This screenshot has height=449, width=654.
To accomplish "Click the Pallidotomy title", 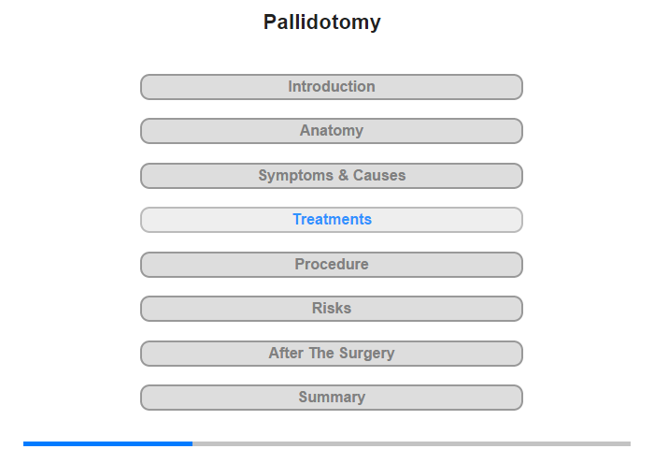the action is tap(321, 22).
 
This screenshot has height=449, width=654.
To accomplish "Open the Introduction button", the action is tap(332, 87).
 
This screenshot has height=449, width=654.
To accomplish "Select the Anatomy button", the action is tap(332, 131).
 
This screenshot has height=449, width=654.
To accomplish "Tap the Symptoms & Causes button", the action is tap(332, 176).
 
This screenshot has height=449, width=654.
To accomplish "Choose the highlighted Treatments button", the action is tap(332, 220).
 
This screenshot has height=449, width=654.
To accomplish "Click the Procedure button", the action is tap(332, 265).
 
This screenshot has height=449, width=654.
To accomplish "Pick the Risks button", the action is tap(332, 309).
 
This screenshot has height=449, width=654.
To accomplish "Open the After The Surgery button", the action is tap(332, 354).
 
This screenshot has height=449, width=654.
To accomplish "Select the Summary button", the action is tap(332, 398).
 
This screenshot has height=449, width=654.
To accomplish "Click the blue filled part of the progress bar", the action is tap(108, 443).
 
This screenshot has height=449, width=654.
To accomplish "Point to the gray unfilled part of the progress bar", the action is tap(412, 443).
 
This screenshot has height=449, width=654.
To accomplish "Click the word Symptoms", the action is tap(296, 176).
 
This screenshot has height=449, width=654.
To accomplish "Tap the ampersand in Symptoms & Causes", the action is tap(343, 176).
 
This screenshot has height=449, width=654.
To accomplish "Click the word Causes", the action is tap(379, 176).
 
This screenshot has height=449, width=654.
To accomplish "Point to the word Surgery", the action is tap(366, 354).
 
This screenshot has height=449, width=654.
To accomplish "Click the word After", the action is tap(286, 353).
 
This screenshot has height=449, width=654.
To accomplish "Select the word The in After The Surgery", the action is tap(321, 353).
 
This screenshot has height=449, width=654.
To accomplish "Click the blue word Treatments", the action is tap(332, 219).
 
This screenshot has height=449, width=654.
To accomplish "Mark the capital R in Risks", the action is tap(318, 309).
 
